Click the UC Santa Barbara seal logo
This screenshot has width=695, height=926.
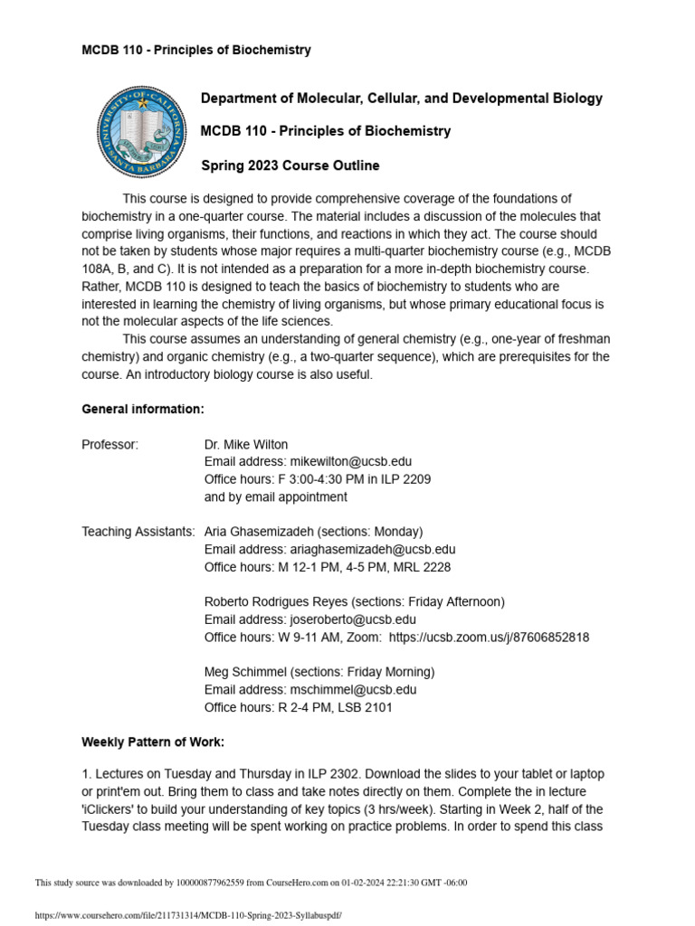coord(139,132)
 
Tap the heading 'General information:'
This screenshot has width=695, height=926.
coord(143,409)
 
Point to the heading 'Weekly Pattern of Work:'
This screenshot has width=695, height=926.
coord(153,742)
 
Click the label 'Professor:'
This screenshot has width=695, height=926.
coord(110,444)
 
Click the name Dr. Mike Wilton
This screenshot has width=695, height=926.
coord(246,444)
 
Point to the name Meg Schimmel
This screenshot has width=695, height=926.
coord(243,672)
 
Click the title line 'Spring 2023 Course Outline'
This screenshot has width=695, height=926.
coord(290,165)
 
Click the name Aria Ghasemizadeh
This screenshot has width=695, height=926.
coord(263,531)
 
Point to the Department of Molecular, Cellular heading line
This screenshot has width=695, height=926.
coord(401,99)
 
